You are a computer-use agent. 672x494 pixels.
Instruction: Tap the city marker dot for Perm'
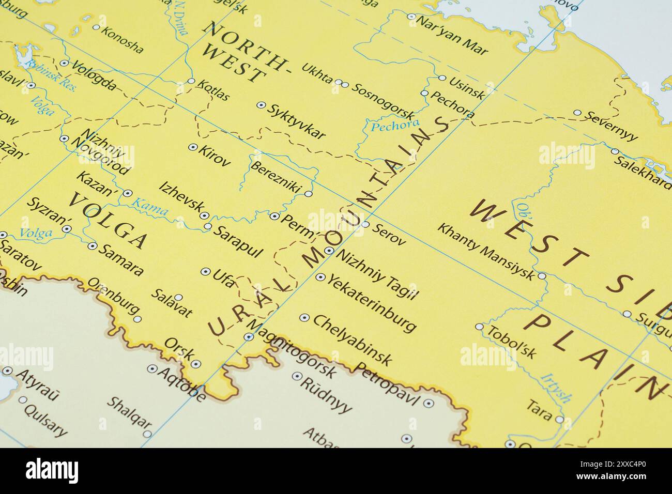274,216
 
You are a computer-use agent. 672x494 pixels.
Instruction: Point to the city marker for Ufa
205,271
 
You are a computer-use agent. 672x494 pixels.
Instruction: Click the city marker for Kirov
193,147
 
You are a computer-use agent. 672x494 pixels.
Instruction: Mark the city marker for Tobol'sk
479,327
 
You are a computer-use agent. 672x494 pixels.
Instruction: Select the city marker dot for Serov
365,224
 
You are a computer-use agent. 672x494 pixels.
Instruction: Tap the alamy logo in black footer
52,471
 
